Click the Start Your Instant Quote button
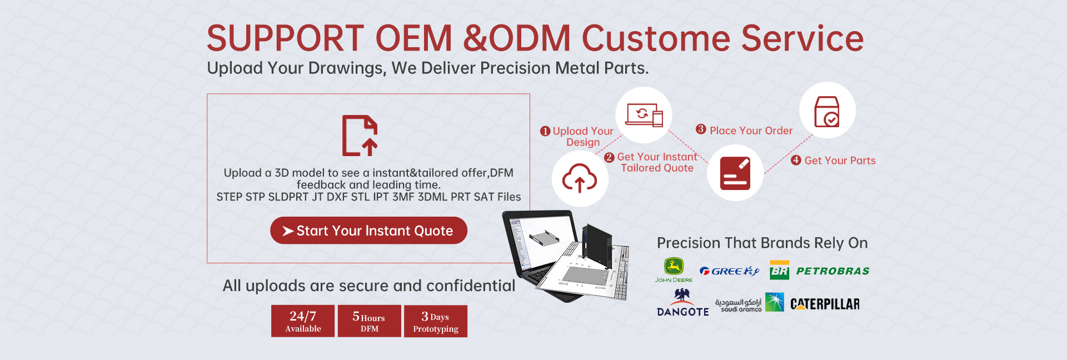click(x=368, y=231)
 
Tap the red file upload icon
click(x=360, y=136)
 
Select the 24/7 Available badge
click(x=303, y=321)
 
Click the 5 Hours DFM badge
click(x=369, y=321)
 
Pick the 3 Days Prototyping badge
click(x=436, y=321)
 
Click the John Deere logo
click(x=674, y=270)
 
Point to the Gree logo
click(x=729, y=271)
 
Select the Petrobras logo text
click(x=832, y=271)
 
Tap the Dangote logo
click(x=682, y=303)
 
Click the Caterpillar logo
click(x=825, y=304)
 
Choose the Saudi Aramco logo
click(x=749, y=303)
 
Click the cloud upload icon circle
click(x=580, y=178)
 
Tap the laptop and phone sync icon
click(x=644, y=115)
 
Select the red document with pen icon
click(x=735, y=173)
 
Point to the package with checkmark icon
click(x=827, y=111)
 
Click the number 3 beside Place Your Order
click(x=701, y=129)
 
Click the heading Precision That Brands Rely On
click(x=762, y=243)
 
